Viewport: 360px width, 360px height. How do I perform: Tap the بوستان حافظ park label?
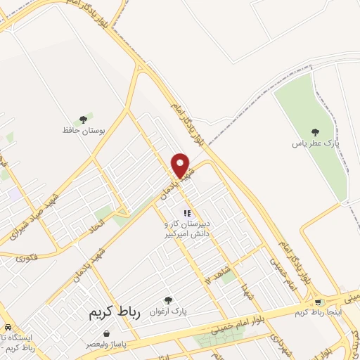[77, 130]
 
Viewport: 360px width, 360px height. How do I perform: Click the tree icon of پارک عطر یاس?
[315, 131]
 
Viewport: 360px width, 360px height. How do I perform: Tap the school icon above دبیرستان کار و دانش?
[186, 213]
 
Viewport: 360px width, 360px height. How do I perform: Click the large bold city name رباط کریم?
[114, 313]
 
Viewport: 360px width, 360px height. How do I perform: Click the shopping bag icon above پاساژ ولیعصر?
[105, 334]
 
